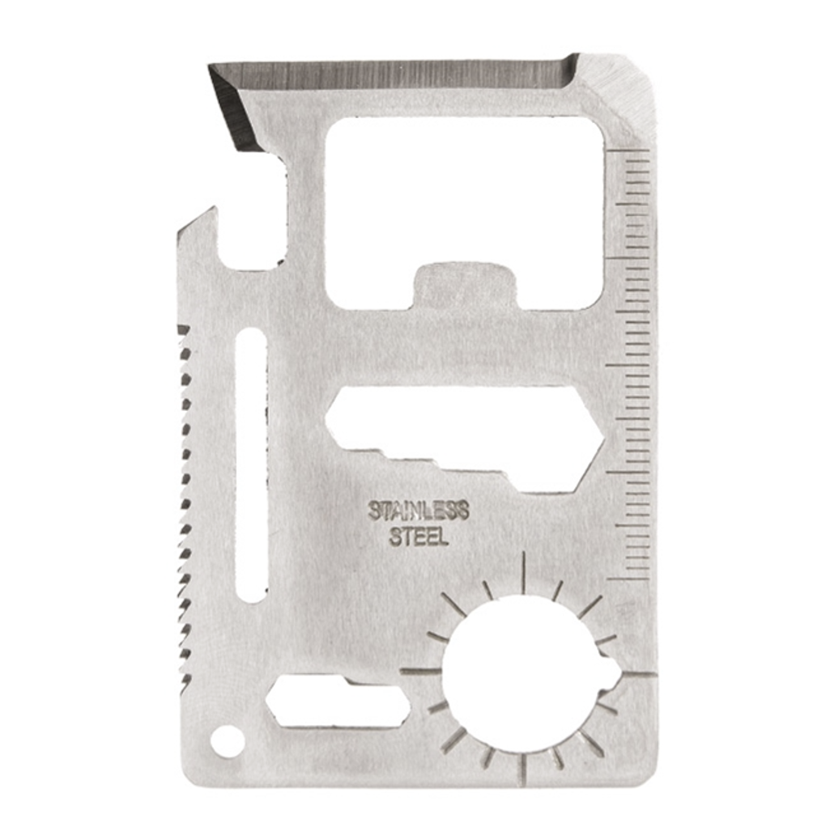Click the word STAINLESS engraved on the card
[419, 511]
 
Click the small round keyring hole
[225, 737]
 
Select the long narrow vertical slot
[250, 464]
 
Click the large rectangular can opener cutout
[465, 213]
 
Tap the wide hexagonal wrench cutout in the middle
[465, 439]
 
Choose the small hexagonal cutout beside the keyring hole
[338, 701]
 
